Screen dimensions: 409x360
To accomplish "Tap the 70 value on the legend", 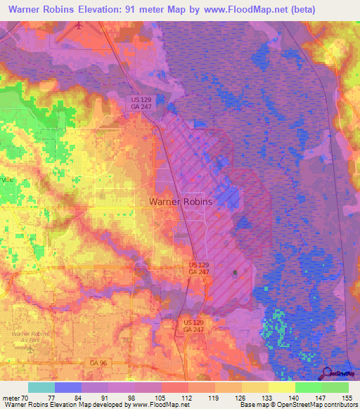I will click(x=27, y=398).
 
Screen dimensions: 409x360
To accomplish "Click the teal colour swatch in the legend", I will click(x=41, y=387).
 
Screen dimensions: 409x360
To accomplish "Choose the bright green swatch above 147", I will click(x=308, y=387).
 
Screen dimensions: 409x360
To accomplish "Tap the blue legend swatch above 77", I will click(x=67, y=387).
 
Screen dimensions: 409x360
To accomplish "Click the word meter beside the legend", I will click(x=10, y=398).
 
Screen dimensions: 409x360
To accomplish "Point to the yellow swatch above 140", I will click(x=281, y=387).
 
